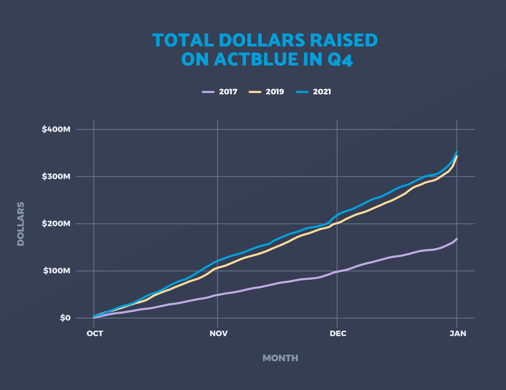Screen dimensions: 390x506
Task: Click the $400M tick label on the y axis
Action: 56,129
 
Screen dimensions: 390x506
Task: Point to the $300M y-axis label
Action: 56,176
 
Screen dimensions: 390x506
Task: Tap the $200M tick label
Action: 56,224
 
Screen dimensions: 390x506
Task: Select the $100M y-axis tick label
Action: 57,271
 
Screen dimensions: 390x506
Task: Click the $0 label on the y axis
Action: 65,318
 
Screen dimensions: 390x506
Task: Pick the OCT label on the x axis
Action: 95,334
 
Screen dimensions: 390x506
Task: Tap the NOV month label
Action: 218,334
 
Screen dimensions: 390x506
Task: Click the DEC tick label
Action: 338,334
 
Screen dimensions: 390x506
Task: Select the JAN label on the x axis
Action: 458,334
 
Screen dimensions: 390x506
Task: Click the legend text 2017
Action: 228,92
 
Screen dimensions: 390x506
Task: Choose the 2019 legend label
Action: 275,92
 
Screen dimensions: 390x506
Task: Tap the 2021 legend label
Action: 322,92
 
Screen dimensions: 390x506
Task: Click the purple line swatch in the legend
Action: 208,92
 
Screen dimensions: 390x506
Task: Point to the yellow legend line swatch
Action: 255,92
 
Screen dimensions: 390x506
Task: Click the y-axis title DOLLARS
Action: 21,224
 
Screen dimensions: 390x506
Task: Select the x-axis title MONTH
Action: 280,358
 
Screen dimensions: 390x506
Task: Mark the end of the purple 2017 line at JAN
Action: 457,239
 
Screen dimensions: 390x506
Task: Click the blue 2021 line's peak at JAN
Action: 457,152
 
